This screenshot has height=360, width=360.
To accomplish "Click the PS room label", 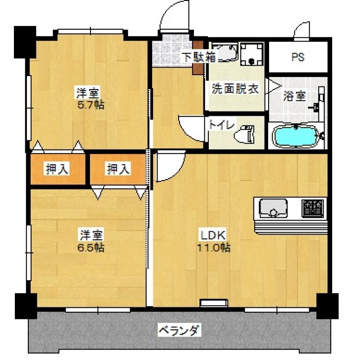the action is click(x=298, y=57).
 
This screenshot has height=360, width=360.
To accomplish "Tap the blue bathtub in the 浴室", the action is click(x=296, y=136).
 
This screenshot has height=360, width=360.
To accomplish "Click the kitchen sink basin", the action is click(x=273, y=208).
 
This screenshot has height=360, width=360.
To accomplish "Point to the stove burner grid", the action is click(x=312, y=208).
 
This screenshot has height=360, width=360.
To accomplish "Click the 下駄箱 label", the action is click(x=199, y=57).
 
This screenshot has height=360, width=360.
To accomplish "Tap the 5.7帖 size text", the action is click(x=91, y=105).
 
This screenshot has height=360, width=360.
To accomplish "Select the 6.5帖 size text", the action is click(x=91, y=248).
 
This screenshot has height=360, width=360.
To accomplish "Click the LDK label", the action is click(x=214, y=234).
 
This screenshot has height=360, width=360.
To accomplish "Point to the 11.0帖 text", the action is click(x=214, y=248).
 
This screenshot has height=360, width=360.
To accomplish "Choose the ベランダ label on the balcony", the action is click(x=180, y=330).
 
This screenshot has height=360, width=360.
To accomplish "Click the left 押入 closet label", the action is click(x=58, y=169).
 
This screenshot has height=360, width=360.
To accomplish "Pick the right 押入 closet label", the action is click(x=119, y=169).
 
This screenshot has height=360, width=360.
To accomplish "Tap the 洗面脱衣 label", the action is click(x=235, y=89).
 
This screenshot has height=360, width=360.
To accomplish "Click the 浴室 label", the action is click(x=294, y=96).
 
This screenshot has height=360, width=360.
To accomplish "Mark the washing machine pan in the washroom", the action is click(x=252, y=54).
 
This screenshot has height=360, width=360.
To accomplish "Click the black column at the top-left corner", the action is click(x=25, y=42).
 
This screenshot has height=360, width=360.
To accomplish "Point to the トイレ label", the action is click(x=222, y=126).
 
